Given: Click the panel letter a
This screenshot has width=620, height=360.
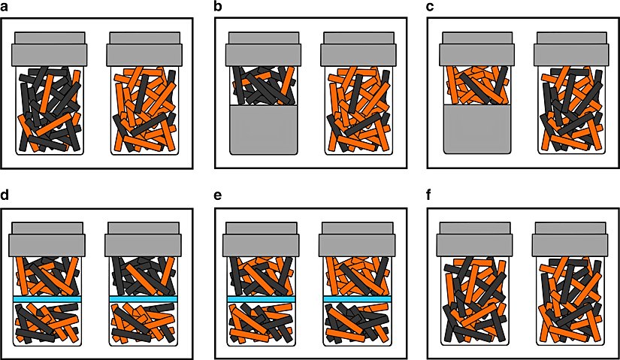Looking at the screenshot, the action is tap(4, 8).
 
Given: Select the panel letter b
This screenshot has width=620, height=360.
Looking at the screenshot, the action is tap(218, 7).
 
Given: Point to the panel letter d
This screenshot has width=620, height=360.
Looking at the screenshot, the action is tap(5, 195).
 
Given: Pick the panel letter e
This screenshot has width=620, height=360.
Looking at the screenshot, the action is tap(218, 197).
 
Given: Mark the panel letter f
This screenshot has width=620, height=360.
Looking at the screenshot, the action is tap(430, 195).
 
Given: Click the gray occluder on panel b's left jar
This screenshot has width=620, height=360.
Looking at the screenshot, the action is tap(263, 129).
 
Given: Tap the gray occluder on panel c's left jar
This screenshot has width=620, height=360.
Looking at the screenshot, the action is tap(477, 129).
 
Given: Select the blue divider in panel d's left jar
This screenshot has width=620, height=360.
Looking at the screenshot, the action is tap(47, 299).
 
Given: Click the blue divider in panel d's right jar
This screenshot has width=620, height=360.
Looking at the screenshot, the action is tap(143, 299).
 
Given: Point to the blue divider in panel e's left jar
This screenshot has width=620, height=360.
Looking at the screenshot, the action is tap(262, 299).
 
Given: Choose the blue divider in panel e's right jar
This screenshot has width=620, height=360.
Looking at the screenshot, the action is tap(358, 299).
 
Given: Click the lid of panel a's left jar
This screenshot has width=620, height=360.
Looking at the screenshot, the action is tap(50, 49).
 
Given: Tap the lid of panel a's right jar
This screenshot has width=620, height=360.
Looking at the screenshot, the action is tap(145, 49).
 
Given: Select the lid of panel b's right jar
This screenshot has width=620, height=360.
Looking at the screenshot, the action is tap(358, 49).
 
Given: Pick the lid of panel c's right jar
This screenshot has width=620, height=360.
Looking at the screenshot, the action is tap(572, 49).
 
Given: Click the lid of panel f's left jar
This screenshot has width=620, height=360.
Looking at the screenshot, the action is tap(474, 239).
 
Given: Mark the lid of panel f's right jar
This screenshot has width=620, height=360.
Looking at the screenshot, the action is tap(570, 239).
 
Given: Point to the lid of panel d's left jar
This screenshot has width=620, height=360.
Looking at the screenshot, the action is tap(47, 239).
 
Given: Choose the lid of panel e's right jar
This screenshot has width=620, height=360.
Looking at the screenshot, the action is tap(358, 239).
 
